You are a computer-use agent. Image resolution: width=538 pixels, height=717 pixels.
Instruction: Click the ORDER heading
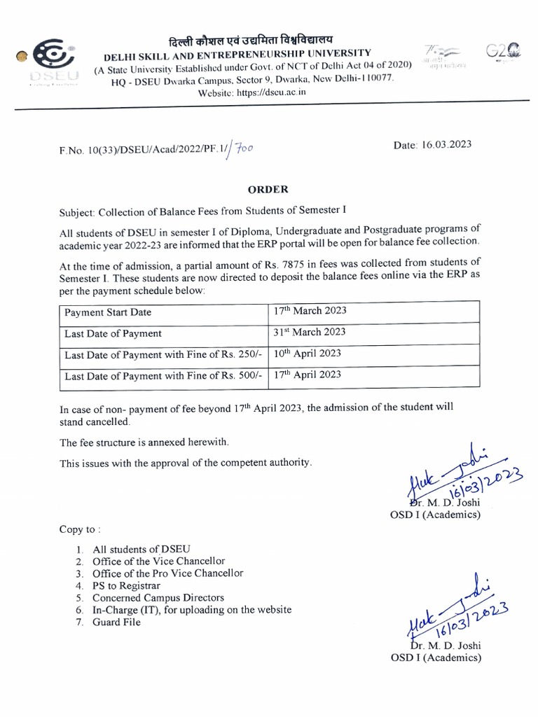click(x=268, y=189)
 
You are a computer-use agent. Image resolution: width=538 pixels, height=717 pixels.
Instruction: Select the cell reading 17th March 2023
click(x=310, y=311)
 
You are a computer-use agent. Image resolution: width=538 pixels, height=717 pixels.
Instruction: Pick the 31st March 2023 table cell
click(x=309, y=333)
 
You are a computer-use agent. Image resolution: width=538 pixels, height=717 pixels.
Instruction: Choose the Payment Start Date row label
click(x=108, y=312)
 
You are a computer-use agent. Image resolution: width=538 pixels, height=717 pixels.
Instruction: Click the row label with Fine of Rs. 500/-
click(x=163, y=376)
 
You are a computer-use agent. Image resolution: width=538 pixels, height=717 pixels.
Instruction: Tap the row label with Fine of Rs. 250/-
click(x=163, y=355)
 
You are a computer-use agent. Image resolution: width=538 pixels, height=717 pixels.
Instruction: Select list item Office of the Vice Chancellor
click(x=158, y=562)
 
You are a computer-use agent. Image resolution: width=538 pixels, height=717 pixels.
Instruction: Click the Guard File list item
click(x=116, y=622)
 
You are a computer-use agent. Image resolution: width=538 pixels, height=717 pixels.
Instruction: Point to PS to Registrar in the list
click(x=126, y=585)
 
